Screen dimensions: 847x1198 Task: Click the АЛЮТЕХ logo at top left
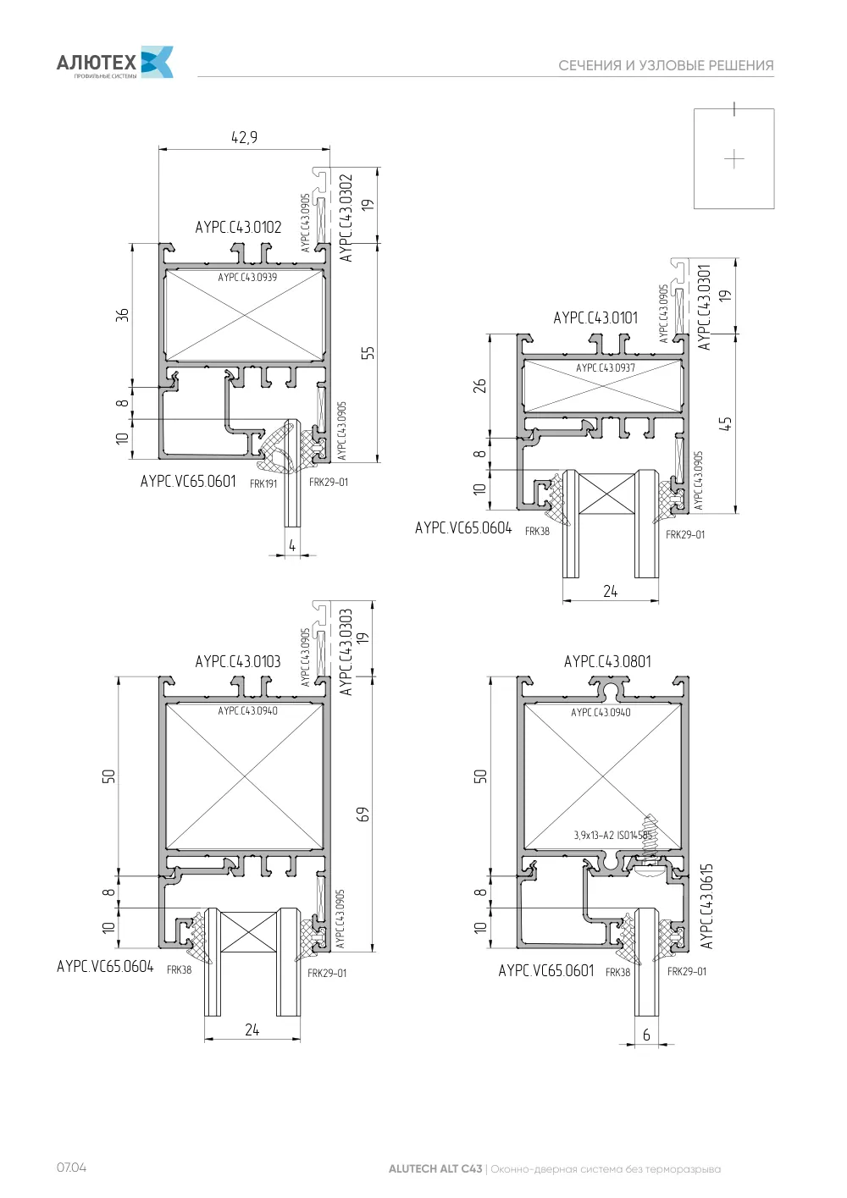[x=114, y=62]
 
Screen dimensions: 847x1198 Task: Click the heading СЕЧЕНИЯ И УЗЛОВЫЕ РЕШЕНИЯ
[x=666, y=65]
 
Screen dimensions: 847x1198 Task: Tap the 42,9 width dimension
[x=244, y=137]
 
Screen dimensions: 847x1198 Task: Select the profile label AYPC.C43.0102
[x=238, y=227]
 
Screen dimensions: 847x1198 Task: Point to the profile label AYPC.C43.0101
[x=595, y=318]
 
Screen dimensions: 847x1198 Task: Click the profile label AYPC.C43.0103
[x=237, y=661]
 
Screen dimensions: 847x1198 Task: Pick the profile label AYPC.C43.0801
[x=607, y=661]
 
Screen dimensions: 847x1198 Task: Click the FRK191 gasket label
[x=263, y=484]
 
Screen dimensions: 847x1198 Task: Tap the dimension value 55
[x=368, y=353]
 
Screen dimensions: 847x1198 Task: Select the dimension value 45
[x=725, y=423]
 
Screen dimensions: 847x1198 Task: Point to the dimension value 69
[x=363, y=814]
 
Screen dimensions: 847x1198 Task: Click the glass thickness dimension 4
[x=292, y=545]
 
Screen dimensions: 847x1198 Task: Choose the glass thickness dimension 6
[x=646, y=1035]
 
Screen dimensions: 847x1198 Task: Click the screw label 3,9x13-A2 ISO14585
[x=612, y=835]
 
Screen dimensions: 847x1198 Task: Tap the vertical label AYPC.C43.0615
[x=706, y=907]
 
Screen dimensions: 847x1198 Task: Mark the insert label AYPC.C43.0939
[x=247, y=278]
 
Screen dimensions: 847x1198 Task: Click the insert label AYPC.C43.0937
[x=605, y=368]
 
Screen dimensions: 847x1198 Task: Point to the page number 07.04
[x=71, y=1168]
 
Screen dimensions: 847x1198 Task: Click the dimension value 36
[x=123, y=315]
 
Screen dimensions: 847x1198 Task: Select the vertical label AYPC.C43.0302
[x=346, y=218]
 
